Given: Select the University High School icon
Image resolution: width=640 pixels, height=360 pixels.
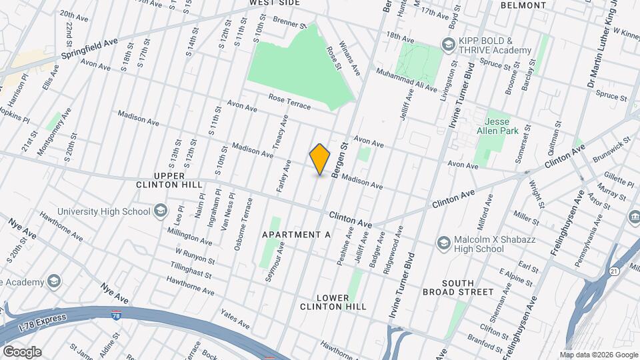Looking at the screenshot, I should tap(160, 212).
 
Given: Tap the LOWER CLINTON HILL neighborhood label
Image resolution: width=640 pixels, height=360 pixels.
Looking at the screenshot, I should tap(333, 301).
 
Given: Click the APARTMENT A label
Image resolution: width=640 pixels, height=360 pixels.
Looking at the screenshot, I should tap(297, 235).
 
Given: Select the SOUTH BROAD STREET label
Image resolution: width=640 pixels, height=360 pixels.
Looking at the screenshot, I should tap(458, 287).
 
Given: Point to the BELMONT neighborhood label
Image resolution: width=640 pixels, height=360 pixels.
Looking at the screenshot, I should tap(523, 5).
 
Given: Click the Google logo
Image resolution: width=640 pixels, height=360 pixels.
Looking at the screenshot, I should tap(21, 352).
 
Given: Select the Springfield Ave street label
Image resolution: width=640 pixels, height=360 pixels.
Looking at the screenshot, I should tap(89, 47).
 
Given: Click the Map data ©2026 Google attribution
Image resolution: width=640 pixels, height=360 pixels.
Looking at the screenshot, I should tap(598, 355).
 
